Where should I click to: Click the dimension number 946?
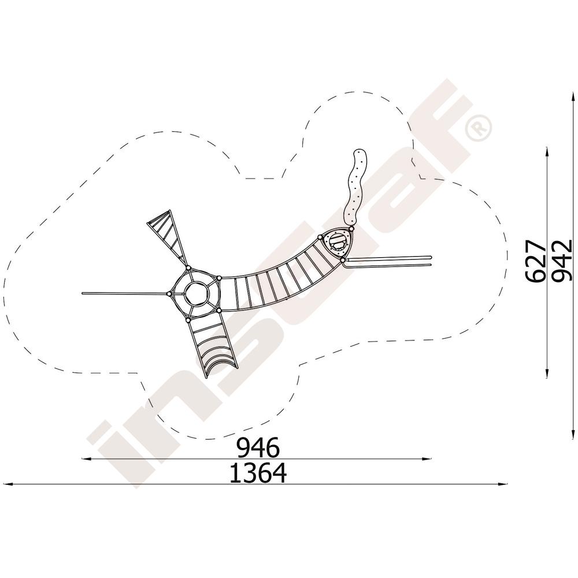pos(258,447)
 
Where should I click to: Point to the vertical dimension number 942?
pos(562,261)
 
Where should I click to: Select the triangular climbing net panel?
pos(167,236)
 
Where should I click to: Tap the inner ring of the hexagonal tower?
pos(197,294)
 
